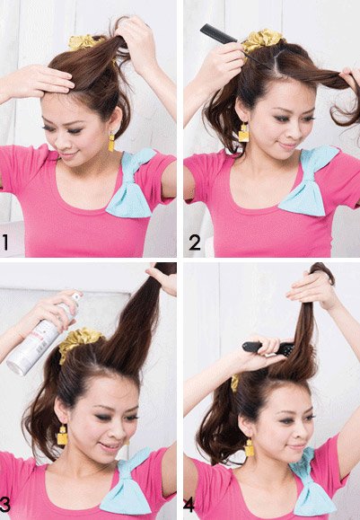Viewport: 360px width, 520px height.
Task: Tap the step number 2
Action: (x=194, y=242)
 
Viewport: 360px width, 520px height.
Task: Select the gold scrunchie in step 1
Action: (x=83, y=41)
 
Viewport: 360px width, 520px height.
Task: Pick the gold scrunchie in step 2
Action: (x=263, y=39)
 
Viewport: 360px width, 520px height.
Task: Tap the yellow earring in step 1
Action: (x=112, y=142)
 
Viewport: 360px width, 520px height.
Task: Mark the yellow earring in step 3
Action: (x=62, y=436)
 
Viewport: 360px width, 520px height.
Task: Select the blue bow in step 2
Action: (x=309, y=184)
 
